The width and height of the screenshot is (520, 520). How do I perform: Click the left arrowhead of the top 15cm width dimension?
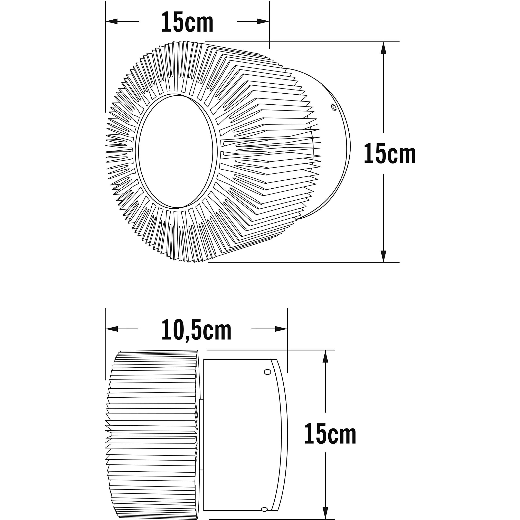coord(112,21)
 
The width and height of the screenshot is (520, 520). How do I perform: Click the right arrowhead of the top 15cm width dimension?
coord(263,21)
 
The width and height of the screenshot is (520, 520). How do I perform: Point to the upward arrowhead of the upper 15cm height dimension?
coord(384,48)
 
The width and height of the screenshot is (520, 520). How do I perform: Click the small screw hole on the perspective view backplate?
coord(334,108)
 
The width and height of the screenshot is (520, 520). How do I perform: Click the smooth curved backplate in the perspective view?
coord(334,151)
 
